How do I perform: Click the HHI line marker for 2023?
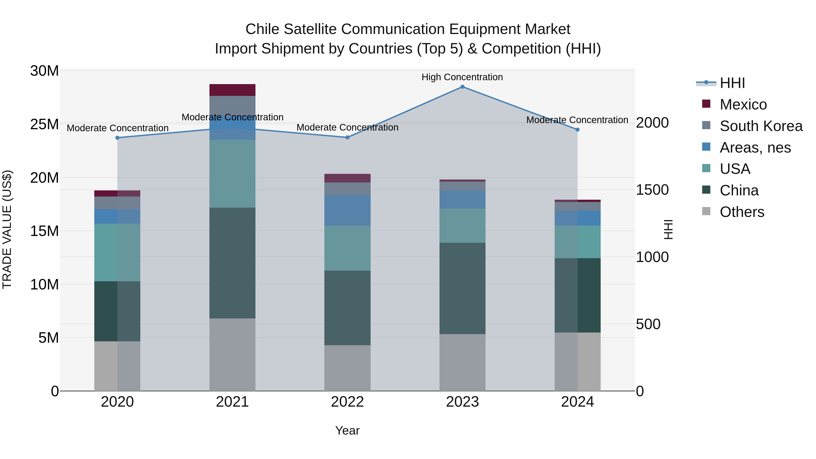[462, 87]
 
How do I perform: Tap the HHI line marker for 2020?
[117, 138]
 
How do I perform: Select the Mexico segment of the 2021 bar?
[232, 90]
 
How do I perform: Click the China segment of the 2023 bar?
[462, 288]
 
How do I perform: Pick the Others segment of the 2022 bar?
[347, 368]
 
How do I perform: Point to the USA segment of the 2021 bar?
[232, 174]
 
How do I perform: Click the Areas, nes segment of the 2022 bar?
[347, 210]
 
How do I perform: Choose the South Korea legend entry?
[761, 126]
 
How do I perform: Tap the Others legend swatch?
[706, 211]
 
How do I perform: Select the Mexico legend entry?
[743, 104]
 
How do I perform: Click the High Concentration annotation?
[462, 77]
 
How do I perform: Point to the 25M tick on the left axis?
[44, 124]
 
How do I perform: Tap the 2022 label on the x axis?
[347, 402]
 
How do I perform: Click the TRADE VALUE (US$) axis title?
[7, 229]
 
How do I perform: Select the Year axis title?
[347, 430]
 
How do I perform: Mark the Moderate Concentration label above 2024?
[577, 120]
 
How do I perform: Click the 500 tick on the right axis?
[648, 324]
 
